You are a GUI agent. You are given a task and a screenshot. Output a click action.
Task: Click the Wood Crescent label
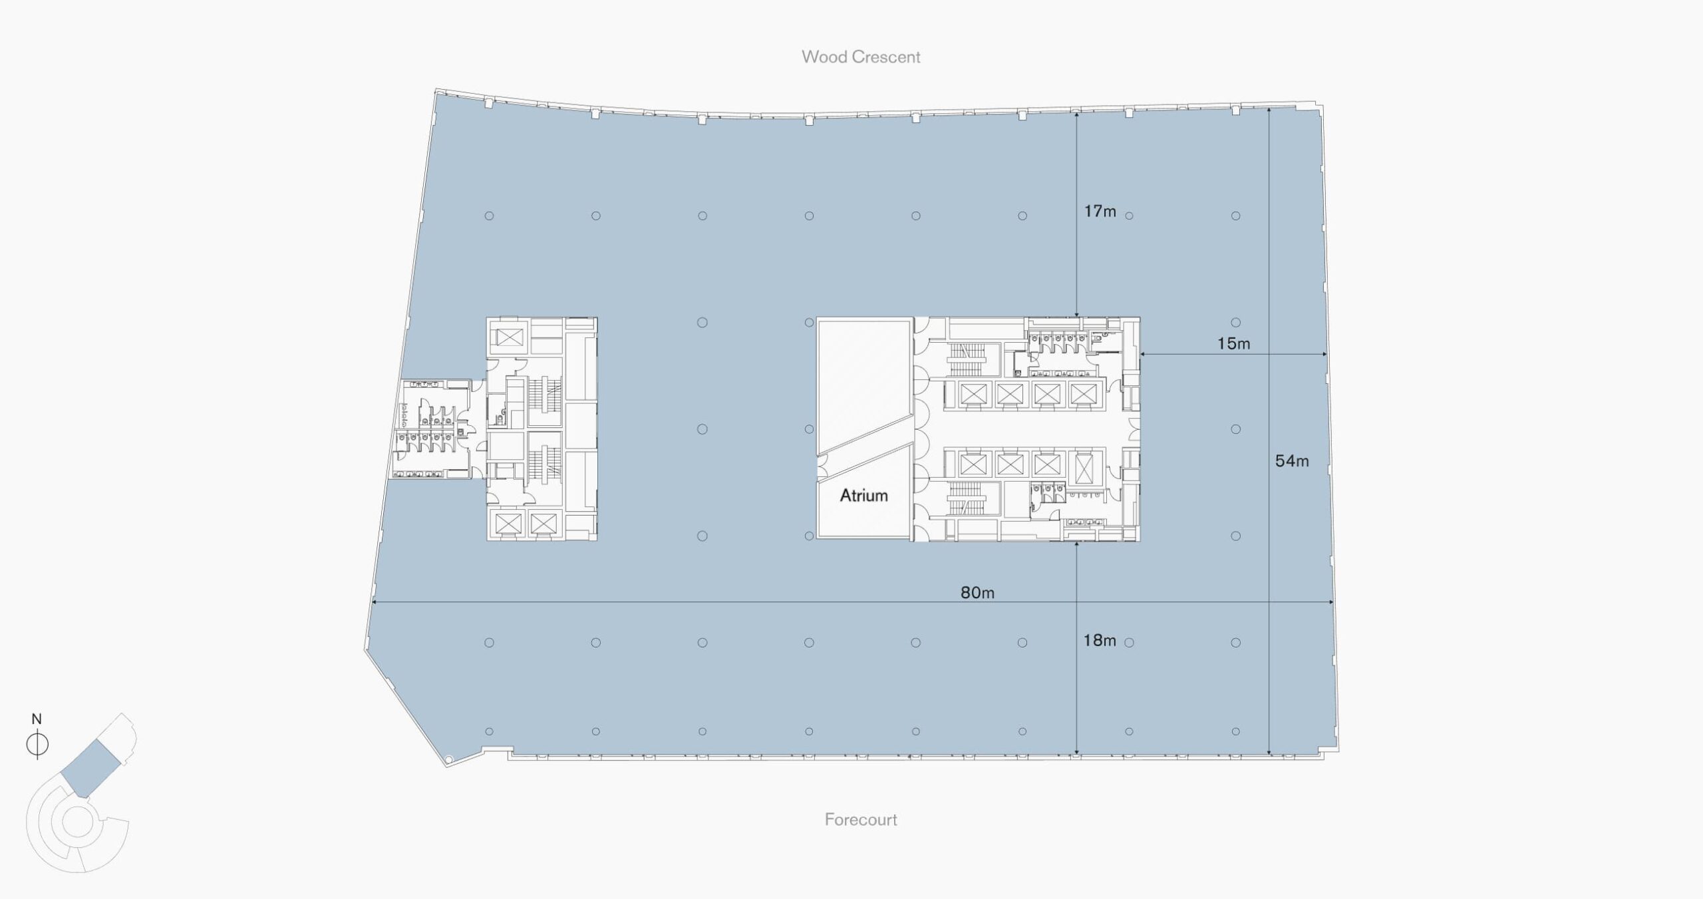click(x=861, y=57)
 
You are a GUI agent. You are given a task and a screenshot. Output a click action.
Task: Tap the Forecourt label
click(x=861, y=819)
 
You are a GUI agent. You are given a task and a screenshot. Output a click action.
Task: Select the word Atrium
click(x=863, y=495)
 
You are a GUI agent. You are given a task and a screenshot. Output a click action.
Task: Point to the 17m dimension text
click(x=1100, y=211)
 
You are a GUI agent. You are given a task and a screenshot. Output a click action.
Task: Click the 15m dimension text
click(x=1233, y=343)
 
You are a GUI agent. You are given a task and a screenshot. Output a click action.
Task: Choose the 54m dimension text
click(x=1292, y=460)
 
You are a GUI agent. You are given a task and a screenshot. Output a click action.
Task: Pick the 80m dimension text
click(x=977, y=592)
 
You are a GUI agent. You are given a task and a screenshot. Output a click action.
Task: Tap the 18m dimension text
click(x=1100, y=640)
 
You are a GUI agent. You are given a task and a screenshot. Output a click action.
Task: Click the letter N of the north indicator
click(x=37, y=719)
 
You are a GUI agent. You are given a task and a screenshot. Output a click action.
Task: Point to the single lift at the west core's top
click(x=510, y=338)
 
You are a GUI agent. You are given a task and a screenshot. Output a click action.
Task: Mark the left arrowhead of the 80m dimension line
click(x=374, y=602)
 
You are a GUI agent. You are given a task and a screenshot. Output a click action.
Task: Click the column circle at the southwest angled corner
click(x=448, y=759)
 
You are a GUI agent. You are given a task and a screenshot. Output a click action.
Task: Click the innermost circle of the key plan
click(x=77, y=822)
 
